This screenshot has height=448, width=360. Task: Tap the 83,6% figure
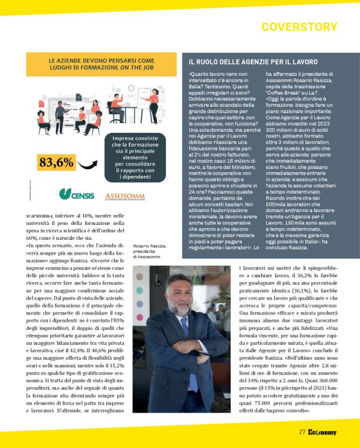click(55, 163)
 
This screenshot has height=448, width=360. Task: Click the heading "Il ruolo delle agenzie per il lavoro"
click(253, 62)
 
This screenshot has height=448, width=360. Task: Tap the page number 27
click(302, 432)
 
